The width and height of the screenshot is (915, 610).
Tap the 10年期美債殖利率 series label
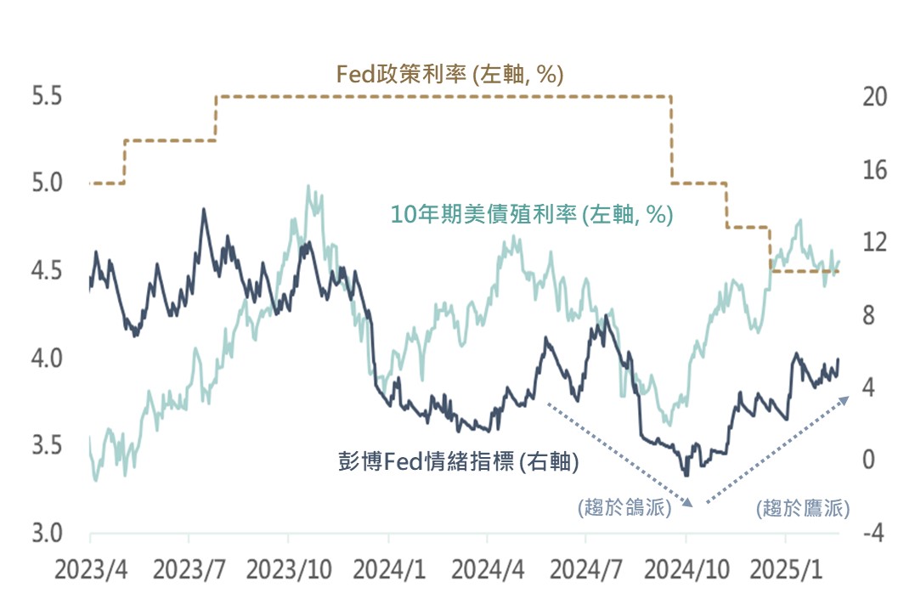(x=531, y=215)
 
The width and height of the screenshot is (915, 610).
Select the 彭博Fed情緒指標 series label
(x=458, y=462)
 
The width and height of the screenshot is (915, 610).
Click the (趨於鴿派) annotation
(x=624, y=508)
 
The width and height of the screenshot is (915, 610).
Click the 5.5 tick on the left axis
(x=48, y=96)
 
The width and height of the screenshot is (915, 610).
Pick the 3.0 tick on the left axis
(x=48, y=534)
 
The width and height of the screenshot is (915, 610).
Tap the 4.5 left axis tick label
(x=48, y=271)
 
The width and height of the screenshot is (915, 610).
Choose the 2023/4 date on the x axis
(x=90, y=569)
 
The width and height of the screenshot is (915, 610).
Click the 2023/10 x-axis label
(x=289, y=569)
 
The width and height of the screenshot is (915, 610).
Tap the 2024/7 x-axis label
(x=586, y=569)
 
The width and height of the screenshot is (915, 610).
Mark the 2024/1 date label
(x=388, y=569)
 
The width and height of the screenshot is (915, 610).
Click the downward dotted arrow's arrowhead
(x=691, y=503)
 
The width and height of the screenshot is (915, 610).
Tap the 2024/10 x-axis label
(x=686, y=569)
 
